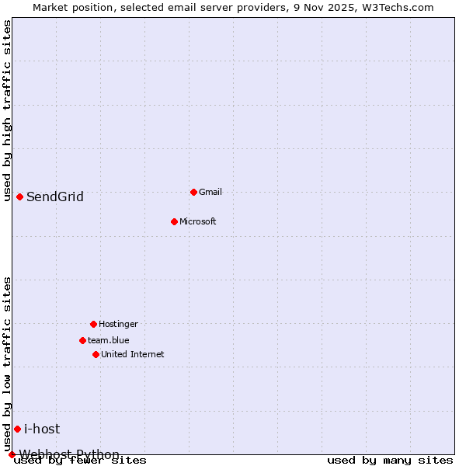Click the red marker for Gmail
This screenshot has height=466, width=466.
coord(193,192)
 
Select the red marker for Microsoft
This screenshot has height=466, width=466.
coord(174,221)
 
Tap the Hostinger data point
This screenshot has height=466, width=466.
coord(93,324)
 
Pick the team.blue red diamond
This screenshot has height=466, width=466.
coord(82,340)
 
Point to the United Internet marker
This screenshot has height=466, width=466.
coord(96,354)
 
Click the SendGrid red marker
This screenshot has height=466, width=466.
coord(19,196)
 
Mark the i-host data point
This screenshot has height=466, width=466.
coord(17,429)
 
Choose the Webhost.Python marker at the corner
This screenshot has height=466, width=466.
coord(12,454)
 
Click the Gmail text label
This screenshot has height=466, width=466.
coord(210,192)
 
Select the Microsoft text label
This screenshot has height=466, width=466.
coord(198,221)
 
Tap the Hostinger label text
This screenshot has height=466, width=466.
coord(118,324)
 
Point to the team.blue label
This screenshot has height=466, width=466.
coord(109,340)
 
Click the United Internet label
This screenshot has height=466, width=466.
coord(133,354)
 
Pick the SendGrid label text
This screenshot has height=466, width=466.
coord(55,196)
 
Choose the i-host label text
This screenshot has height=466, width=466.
coord(42,429)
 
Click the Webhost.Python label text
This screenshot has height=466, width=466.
coord(70,454)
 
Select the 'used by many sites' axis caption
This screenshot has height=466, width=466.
coord(390,460)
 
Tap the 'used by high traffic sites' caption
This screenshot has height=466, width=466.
coord(7,110)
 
